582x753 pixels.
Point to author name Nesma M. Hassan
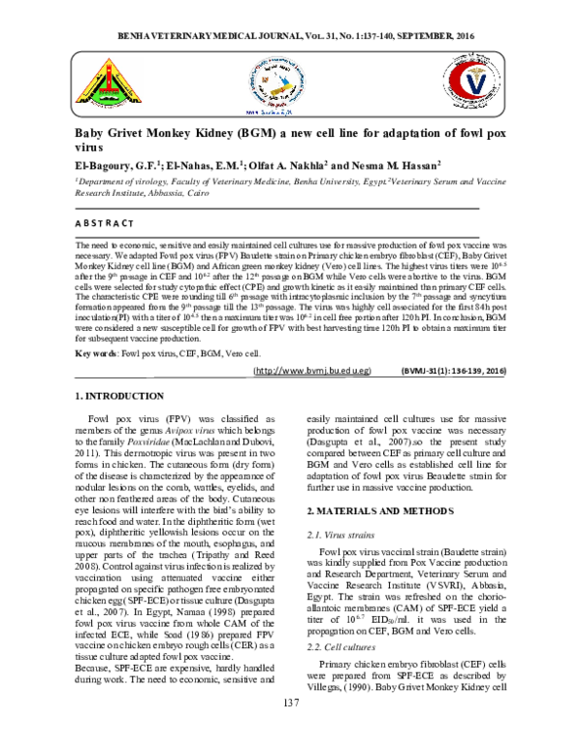pyautogui.click(x=400, y=165)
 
